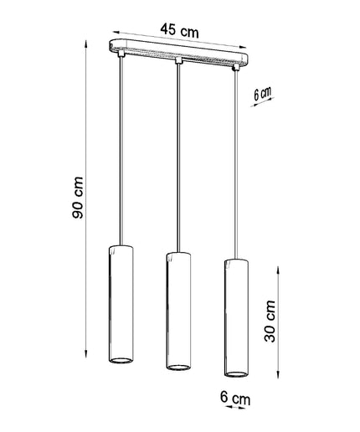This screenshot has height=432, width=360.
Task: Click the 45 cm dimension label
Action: click(x=179, y=30)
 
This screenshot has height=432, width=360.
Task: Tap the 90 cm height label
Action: click(x=78, y=198)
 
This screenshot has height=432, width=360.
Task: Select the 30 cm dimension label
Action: click(x=270, y=321)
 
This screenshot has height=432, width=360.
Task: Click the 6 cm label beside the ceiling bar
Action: click(x=262, y=94)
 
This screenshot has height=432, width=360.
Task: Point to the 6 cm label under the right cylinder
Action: click(x=235, y=398)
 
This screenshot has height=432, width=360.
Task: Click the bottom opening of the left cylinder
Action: click(x=121, y=360)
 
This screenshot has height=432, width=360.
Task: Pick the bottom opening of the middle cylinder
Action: click(x=178, y=367)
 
